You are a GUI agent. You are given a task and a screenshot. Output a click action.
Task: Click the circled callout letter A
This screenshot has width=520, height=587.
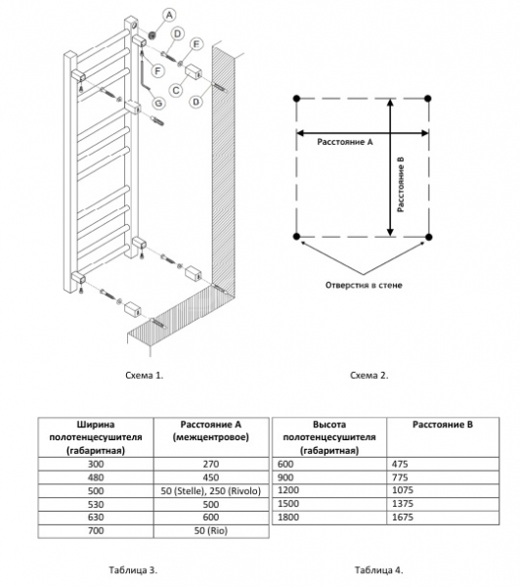(x=169, y=16)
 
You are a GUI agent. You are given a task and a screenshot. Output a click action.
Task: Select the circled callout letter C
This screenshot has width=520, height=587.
(x=176, y=90)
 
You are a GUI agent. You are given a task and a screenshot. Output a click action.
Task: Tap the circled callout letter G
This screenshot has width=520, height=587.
(x=158, y=103)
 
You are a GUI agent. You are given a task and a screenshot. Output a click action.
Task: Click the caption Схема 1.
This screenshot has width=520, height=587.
(x=145, y=375)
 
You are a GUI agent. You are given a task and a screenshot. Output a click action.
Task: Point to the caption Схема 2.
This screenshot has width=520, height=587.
(x=369, y=375)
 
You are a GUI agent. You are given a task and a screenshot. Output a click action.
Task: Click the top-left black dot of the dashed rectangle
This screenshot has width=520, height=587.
(x=297, y=99)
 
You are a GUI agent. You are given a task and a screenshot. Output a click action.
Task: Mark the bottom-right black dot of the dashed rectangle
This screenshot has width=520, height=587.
(x=429, y=237)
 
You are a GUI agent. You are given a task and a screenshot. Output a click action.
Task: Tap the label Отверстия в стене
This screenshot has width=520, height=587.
(x=364, y=286)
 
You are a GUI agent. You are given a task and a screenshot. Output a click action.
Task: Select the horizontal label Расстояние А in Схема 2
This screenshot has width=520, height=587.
(x=345, y=142)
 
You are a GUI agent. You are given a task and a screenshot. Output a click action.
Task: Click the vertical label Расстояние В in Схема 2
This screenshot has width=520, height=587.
(x=401, y=185)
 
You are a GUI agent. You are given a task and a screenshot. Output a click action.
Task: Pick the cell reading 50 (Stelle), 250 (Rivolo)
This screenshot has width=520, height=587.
(x=210, y=491)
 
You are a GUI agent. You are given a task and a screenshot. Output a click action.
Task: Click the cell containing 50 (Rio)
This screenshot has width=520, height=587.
(x=210, y=531)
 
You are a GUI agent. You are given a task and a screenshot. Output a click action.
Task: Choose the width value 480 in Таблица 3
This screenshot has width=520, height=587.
(x=96, y=477)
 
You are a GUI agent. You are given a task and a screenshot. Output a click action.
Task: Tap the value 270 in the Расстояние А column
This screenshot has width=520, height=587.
(x=210, y=464)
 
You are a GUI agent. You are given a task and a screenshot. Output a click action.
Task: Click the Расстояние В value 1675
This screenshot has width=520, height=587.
(x=403, y=518)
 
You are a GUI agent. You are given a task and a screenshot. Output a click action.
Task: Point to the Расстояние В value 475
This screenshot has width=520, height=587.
(x=400, y=464)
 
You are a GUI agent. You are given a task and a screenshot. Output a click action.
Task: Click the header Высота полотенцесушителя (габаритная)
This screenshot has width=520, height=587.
(x=329, y=437)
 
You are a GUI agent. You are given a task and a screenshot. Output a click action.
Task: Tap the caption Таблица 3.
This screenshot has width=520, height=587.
(x=133, y=570)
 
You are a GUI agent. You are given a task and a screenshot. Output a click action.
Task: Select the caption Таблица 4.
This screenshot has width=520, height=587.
(x=378, y=570)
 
